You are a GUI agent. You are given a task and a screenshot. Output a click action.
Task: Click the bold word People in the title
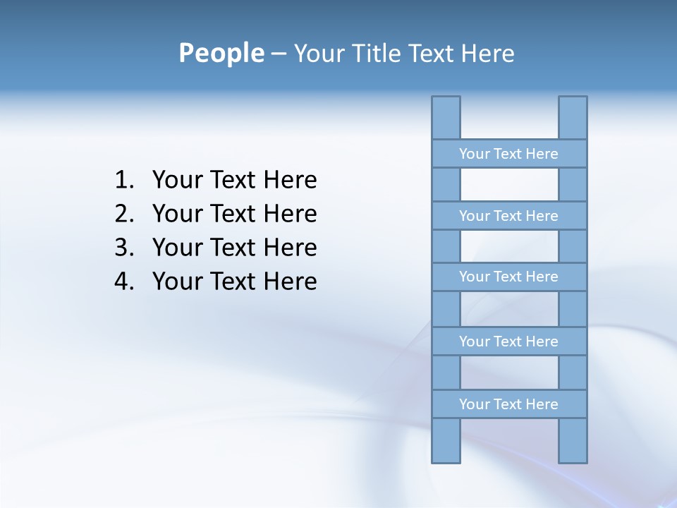[221, 54]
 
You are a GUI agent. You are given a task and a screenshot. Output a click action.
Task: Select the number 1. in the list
[124, 181]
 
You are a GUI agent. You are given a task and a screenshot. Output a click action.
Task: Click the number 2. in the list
[124, 214]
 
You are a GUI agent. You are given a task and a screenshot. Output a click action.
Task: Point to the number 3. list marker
[124, 248]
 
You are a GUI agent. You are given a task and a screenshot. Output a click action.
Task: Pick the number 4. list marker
[124, 282]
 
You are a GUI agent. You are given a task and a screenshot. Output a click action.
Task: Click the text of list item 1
[234, 181]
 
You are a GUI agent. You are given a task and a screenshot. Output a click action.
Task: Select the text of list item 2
[234, 214]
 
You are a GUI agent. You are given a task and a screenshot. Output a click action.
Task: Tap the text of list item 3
[234, 248]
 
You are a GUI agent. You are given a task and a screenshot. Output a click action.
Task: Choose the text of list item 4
[234, 282]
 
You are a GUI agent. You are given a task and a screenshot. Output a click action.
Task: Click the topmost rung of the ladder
[508, 154]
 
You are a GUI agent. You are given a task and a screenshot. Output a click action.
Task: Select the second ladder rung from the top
[508, 216]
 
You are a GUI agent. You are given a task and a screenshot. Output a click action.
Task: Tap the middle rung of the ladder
[508, 277]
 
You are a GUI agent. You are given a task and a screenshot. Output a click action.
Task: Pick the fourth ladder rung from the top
[508, 341]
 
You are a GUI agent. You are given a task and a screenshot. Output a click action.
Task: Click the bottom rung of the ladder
[508, 404]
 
